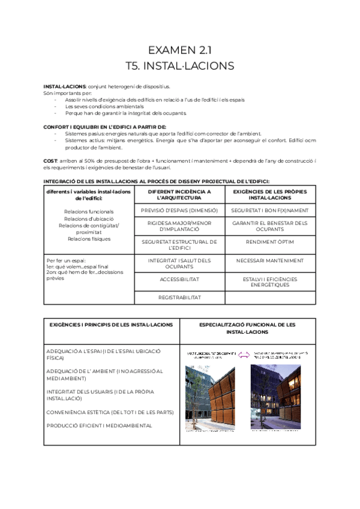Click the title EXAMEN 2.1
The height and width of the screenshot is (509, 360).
[x=179, y=49]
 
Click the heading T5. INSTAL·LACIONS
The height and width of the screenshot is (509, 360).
[x=179, y=65]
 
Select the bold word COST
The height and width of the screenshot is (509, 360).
[x=50, y=161]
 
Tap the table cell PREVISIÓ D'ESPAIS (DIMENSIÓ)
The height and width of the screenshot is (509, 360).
[x=179, y=211]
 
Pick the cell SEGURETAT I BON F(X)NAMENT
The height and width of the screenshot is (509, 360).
[x=269, y=211]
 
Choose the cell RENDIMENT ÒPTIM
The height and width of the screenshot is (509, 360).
[x=269, y=242]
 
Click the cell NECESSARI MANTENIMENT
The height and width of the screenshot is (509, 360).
[x=269, y=261]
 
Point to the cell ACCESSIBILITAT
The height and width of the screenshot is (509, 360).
[x=179, y=279]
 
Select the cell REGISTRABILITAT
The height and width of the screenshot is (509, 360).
[x=179, y=297]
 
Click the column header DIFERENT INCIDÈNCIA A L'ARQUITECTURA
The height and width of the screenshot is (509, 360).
[x=179, y=194]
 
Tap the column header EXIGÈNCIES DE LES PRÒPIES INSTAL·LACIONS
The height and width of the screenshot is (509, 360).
[x=269, y=194]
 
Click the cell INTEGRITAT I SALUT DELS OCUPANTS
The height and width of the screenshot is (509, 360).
[x=179, y=263]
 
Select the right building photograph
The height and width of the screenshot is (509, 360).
[x=276, y=396]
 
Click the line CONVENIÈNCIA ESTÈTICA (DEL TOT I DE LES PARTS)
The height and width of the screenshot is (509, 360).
[x=110, y=412]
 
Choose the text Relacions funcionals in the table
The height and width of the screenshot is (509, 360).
[x=89, y=211]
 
